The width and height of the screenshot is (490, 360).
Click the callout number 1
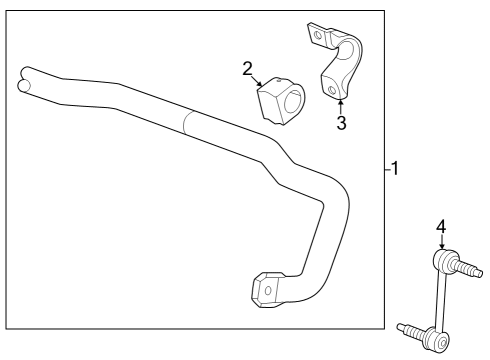click(396, 169)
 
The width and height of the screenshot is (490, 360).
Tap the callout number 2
click(247, 68)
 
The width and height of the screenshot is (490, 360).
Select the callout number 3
click(341, 124)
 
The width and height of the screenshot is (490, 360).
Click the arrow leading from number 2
click(258, 79)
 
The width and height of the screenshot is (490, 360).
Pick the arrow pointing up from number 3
click(340, 105)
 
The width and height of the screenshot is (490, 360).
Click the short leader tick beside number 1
click(387, 169)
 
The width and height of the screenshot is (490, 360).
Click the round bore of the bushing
click(293, 103)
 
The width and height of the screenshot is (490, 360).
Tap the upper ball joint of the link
click(444, 262)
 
